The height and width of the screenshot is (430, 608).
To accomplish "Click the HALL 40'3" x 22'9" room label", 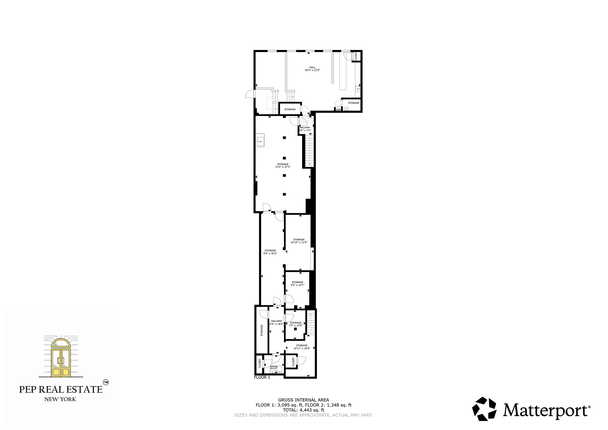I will coord(312,69).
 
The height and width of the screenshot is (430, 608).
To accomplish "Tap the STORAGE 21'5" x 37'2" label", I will coord(283,165).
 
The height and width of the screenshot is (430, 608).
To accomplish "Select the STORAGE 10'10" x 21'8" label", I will coord(299,241).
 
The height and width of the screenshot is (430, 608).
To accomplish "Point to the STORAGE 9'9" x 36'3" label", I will coord(270,252).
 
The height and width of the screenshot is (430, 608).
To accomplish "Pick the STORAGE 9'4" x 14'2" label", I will coord(297,284).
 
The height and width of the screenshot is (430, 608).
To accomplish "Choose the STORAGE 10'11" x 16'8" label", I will coord(302,347).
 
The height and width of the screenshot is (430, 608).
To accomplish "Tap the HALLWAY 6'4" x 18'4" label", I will coord(277,322).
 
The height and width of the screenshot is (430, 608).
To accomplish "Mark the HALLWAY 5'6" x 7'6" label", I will coord(305,129).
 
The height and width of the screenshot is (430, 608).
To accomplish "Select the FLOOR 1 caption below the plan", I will coord(262,377).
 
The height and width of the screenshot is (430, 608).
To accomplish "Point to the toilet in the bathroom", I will coord(279,369).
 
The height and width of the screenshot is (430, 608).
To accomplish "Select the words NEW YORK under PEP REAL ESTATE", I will coord(60,399).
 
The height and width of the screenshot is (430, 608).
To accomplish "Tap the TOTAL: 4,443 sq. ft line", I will coord(304,410).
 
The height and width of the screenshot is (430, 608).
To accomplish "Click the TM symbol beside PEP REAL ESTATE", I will coord(106,382).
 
